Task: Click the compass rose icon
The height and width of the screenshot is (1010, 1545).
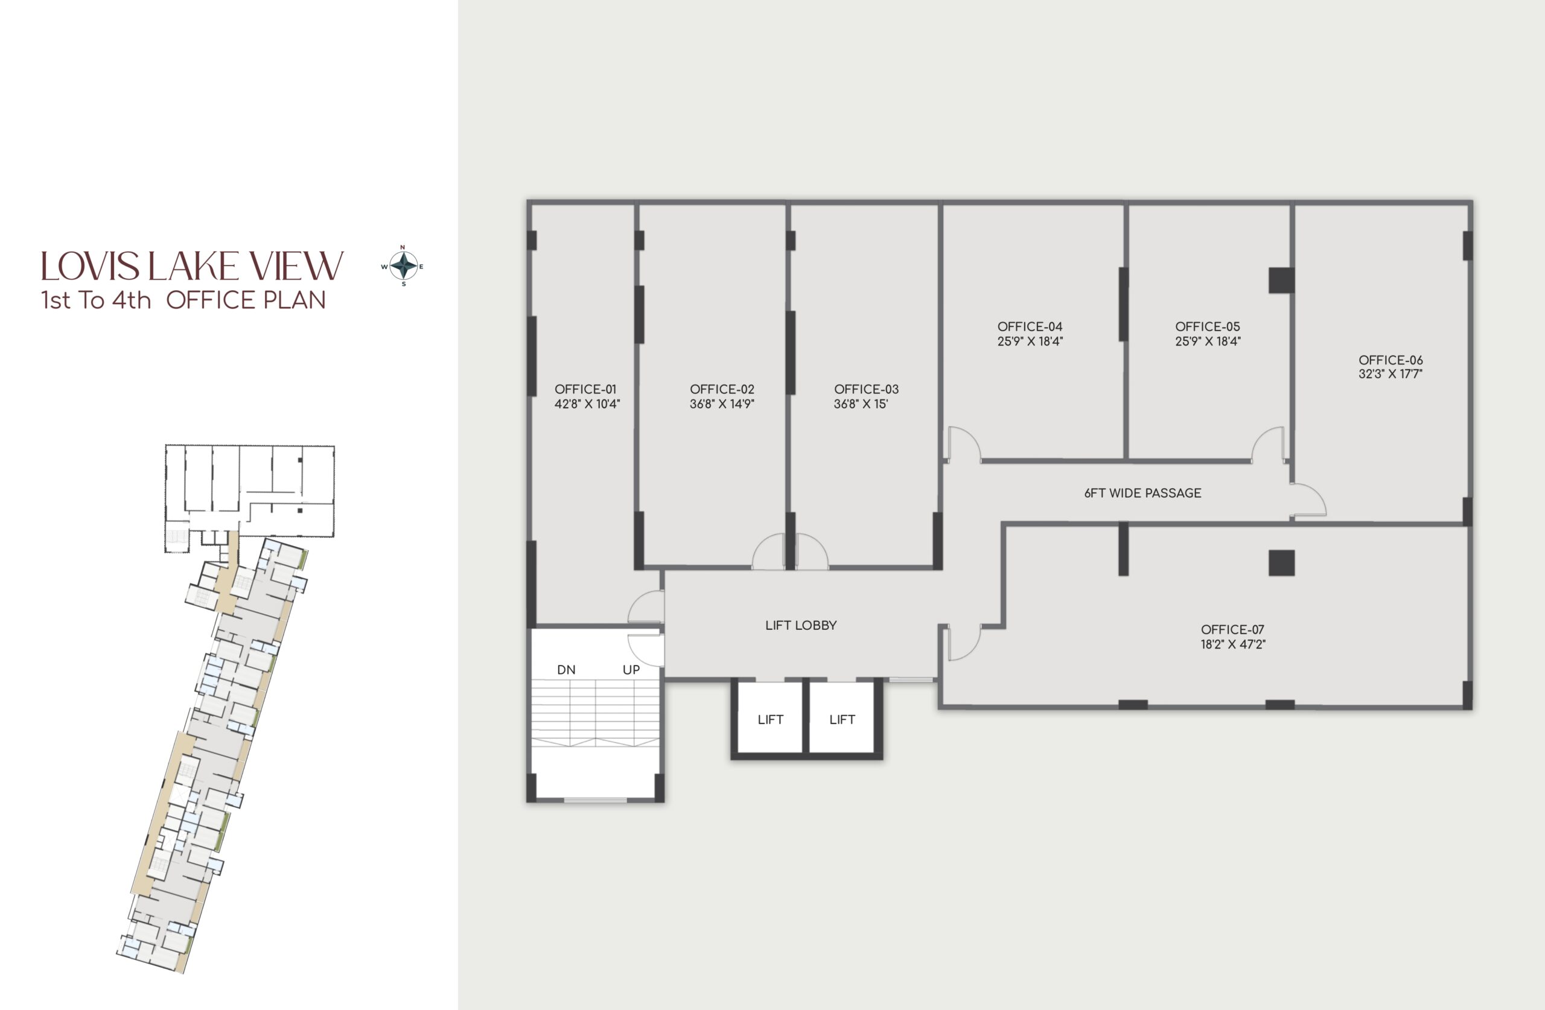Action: [403, 265]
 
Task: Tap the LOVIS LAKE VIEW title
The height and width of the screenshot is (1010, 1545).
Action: [192, 266]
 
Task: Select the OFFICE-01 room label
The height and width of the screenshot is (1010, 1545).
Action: [585, 390]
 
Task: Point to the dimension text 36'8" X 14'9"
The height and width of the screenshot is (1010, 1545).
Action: [722, 404]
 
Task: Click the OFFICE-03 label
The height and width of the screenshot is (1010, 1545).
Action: [867, 390]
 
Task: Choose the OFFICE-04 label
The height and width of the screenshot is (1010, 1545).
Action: [1030, 326]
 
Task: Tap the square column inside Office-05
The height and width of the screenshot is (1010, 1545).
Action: [1281, 281]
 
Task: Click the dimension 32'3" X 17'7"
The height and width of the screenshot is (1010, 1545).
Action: [1390, 374]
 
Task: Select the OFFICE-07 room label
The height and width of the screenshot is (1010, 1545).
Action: [1233, 630]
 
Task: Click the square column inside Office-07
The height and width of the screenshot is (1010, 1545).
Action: [1281, 563]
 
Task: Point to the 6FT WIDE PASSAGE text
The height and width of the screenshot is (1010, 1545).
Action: [1142, 494]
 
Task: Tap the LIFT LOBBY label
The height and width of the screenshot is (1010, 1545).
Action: [801, 625]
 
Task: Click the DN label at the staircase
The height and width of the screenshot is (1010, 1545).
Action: [566, 670]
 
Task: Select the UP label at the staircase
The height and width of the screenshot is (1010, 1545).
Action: [631, 670]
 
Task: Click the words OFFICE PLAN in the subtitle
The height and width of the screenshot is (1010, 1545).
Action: [246, 300]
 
